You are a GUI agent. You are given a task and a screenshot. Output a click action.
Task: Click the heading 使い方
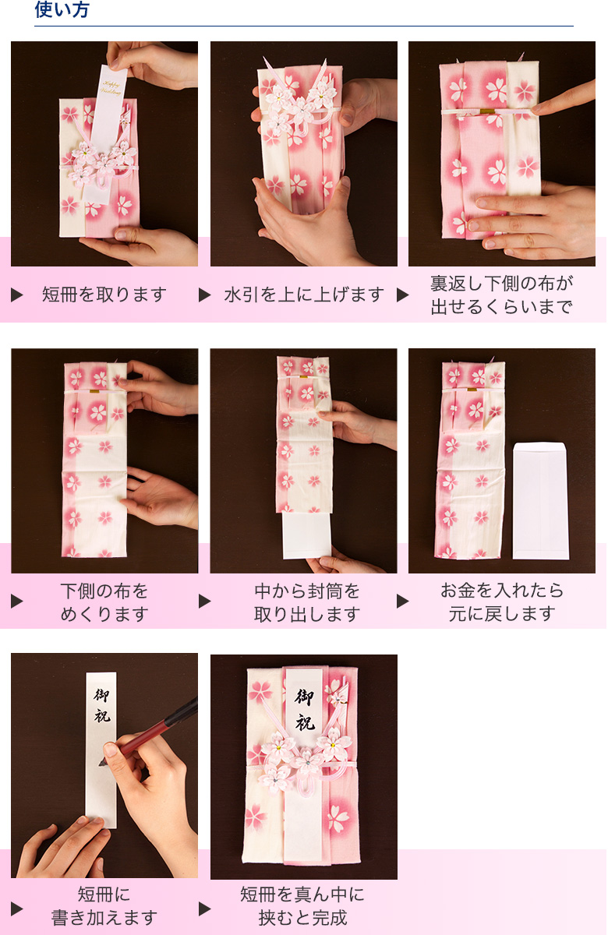point(62,10)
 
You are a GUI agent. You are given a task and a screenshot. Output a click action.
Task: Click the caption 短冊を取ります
point(104,295)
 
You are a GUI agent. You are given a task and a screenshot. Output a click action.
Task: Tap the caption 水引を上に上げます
point(304,295)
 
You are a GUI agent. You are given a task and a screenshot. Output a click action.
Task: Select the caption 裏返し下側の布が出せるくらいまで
point(501,295)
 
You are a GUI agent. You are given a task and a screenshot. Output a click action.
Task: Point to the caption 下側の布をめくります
point(104,602)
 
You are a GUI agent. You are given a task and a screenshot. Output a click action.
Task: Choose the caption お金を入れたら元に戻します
point(501,602)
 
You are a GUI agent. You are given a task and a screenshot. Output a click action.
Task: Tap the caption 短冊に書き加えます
point(104,905)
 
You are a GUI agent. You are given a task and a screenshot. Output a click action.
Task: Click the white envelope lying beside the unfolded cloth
point(540,500)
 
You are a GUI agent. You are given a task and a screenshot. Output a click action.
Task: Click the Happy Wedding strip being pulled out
point(109,93)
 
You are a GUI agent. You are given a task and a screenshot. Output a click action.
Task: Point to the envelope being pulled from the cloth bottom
point(307,534)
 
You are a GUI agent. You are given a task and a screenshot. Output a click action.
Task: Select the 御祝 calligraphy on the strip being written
point(102,705)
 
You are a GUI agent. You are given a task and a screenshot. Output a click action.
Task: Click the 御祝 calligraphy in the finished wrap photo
point(304,709)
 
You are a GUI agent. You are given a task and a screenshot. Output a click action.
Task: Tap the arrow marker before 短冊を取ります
point(16,295)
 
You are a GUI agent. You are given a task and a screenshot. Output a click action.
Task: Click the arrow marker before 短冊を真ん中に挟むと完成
point(205,909)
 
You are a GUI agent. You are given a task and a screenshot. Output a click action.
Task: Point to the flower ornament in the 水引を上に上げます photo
point(300,105)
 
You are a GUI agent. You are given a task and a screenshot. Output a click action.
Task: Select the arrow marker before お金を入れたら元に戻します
point(403,602)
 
